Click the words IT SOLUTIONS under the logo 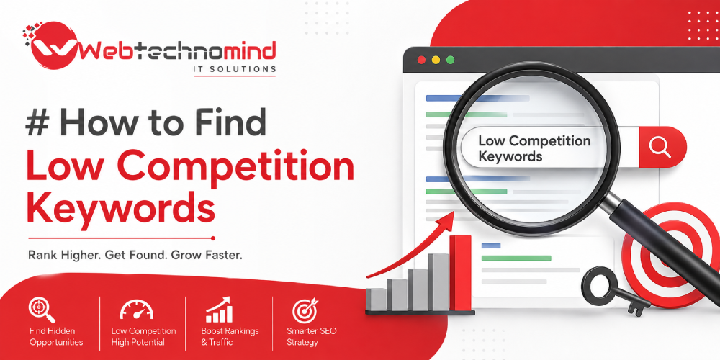(x=234, y=69)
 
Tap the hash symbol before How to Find (x=38, y=123)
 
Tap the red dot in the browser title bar (x=421, y=60)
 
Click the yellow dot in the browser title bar (x=436, y=60)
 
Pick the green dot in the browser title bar (x=451, y=60)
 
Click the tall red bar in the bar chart (x=460, y=273)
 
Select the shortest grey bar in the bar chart (x=377, y=300)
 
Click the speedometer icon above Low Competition (x=136, y=310)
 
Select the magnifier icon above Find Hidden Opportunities (x=42, y=310)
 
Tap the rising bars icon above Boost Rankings (x=219, y=310)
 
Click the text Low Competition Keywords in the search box (x=534, y=148)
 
